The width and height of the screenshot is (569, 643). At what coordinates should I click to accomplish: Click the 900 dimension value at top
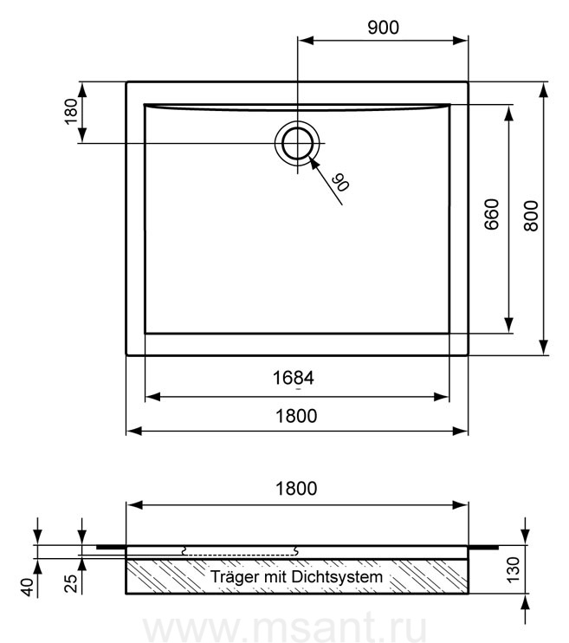click(383, 28)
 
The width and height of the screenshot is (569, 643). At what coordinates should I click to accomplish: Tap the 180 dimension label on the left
click(71, 111)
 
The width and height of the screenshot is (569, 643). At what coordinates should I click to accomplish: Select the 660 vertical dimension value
click(492, 214)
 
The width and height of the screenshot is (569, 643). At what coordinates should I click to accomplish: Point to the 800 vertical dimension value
click(531, 216)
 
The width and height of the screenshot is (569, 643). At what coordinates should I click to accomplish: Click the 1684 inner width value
click(293, 378)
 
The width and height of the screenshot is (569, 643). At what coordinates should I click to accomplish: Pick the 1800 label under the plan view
click(296, 416)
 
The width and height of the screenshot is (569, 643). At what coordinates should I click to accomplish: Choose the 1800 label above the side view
click(296, 489)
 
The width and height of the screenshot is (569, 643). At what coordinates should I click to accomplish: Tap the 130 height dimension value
click(513, 569)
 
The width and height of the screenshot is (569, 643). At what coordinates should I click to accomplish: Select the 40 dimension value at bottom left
click(28, 588)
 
